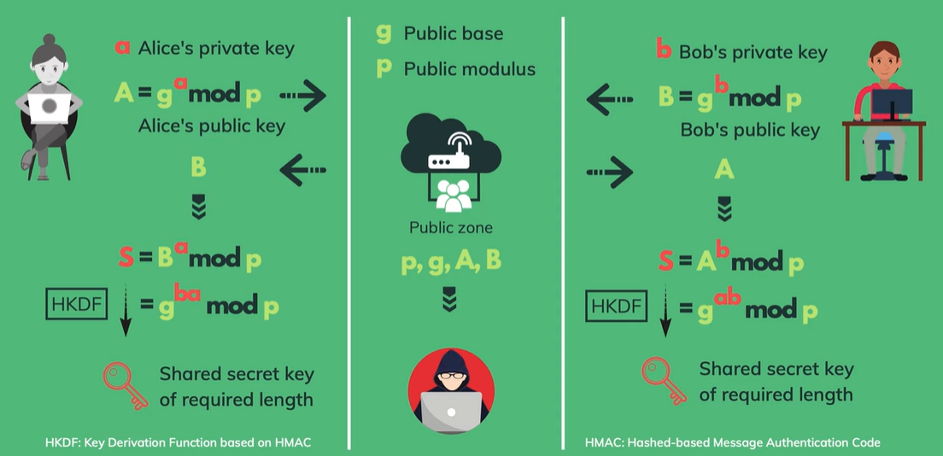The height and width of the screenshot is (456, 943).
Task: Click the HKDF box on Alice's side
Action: [x=77, y=303]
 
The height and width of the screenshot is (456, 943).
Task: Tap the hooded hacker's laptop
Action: [x=450, y=413]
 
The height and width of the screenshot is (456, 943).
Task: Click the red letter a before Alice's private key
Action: [x=123, y=47]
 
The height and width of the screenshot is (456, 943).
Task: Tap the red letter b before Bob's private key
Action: [x=664, y=50]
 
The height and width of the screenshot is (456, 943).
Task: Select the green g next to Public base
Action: [x=384, y=33]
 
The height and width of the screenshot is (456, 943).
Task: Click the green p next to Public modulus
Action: [x=384, y=68]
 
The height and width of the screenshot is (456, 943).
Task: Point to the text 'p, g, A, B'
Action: [x=451, y=261]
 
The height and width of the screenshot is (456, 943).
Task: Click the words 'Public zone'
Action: [x=450, y=228]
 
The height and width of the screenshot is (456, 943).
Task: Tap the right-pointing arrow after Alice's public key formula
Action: [x=304, y=96]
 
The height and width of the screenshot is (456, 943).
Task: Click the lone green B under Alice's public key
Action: [x=198, y=167]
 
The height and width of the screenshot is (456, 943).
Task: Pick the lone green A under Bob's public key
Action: [x=723, y=171]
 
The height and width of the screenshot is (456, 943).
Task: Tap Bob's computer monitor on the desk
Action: [x=892, y=105]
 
